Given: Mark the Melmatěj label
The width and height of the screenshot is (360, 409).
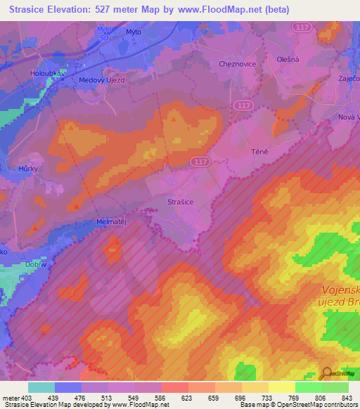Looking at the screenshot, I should [110, 221].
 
